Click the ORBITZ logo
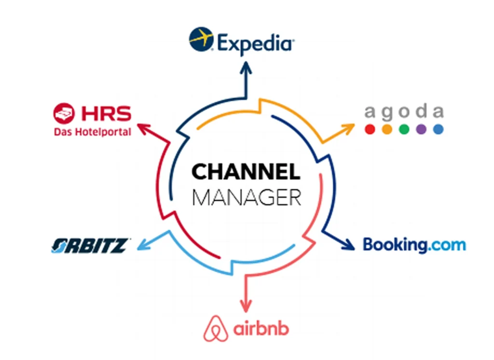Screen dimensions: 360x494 pyautogui.click(x=91, y=246)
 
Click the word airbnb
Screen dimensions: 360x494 pyautogui.click(x=261, y=329)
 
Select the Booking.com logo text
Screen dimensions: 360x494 pyautogui.click(x=414, y=245)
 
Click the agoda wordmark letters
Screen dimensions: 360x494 pyautogui.click(x=404, y=112)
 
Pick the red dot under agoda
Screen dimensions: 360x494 pyautogui.click(x=370, y=129)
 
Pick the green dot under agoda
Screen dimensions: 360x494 pyautogui.click(x=404, y=129)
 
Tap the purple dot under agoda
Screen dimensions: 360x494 pyautogui.click(x=421, y=129)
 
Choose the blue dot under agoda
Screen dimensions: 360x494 pyautogui.click(x=438, y=129)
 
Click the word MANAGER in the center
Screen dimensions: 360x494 pyautogui.click(x=247, y=197)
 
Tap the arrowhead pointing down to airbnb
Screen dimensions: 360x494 pyautogui.click(x=246, y=306)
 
